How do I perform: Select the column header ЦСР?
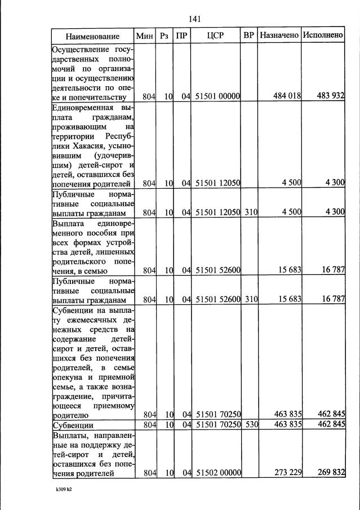point(215,36)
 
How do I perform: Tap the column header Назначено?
point(279,36)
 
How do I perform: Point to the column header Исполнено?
point(323,36)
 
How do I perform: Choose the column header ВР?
point(249,36)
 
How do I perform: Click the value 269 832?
point(331,473)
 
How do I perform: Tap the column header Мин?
point(145,36)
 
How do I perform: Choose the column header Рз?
point(164,36)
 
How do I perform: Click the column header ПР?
point(182,36)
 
